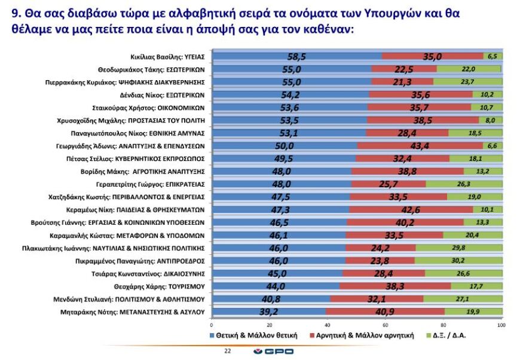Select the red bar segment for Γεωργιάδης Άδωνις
click(x=420, y=145)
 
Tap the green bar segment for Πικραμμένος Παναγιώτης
click(x=458, y=261)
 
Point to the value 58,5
click(x=296, y=56)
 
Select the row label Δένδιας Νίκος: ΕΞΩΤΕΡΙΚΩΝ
click(x=166, y=94)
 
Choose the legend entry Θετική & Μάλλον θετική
click(x=254, y=335)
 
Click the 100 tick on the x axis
click(x=501, y=325)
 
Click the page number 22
click(x=227, y=350)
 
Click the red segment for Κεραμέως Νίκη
click(x=411, y=210)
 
